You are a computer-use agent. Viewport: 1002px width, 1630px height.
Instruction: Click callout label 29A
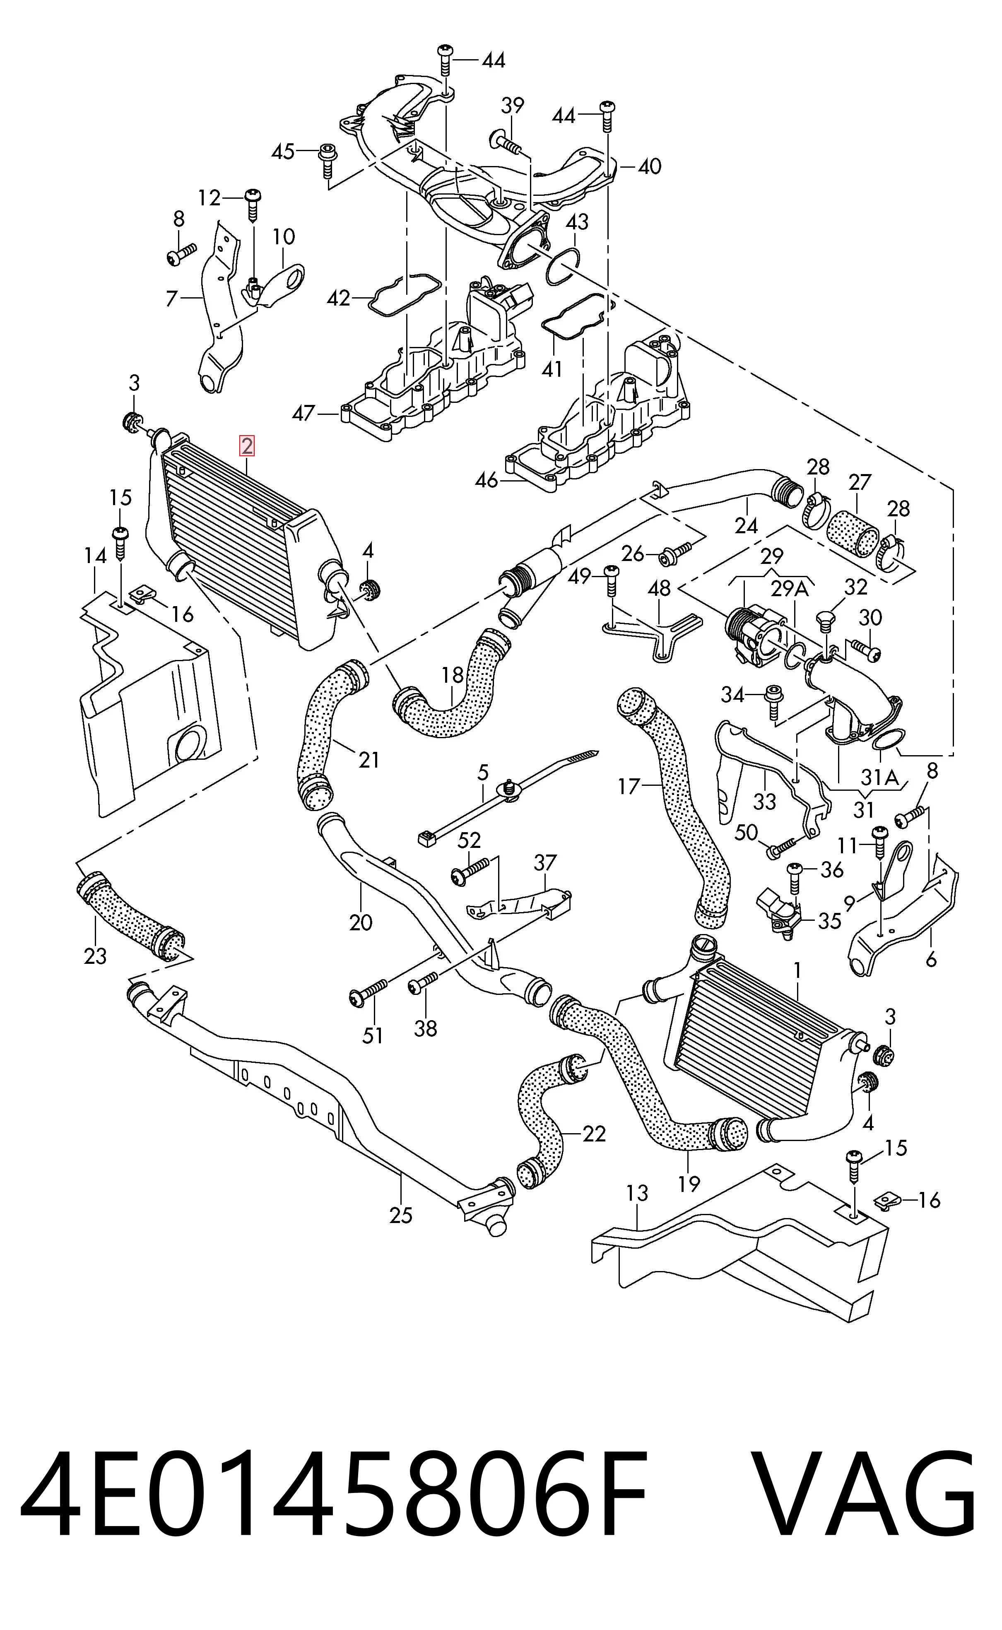click(x=790, y=588)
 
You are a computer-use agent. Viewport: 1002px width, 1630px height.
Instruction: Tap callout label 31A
click(x=879, y=777)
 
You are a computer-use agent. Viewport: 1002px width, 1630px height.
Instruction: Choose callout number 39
click(x=512, y=105)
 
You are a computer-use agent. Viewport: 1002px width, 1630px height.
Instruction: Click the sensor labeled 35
click(x=780, y=913)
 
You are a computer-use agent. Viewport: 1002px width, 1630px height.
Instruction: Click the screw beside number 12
click(x=254, y=205)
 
